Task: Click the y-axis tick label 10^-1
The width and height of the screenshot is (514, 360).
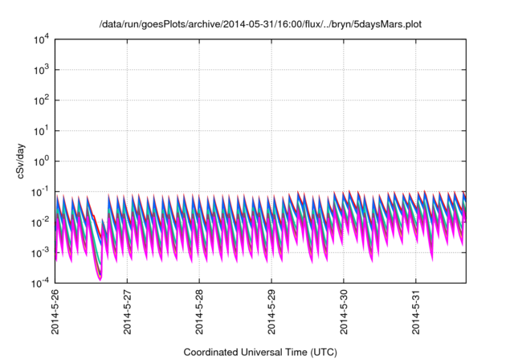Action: (x=40, y=191)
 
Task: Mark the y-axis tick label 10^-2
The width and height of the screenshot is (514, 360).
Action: (x=40, y=222)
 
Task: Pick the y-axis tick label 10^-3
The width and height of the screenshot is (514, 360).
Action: (x=40, y=252)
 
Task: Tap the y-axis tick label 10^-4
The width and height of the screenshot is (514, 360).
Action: (x=40, y=282)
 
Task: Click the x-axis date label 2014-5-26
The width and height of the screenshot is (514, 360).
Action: (x=55, y=315)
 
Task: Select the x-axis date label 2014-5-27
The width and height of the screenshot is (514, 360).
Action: (x=127, y=315)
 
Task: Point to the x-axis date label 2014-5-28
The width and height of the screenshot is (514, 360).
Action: (x=199, y=315)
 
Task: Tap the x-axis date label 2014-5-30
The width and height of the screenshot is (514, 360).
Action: (x=344, y=315)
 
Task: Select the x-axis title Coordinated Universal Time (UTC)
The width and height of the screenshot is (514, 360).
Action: (x=260, y=352)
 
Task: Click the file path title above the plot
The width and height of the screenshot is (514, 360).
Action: (x=260, y=25)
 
